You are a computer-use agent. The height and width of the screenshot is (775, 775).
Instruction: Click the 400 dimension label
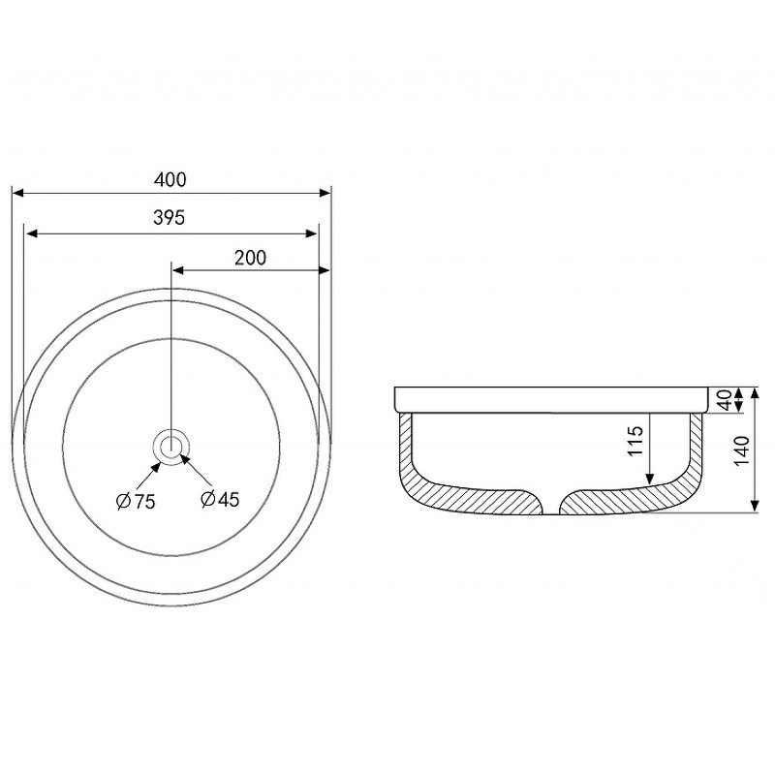click(170, 179)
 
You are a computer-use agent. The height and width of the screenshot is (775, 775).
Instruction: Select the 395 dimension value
click(169, 217)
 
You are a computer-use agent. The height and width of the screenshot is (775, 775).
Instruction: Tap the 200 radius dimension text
click(250, 258)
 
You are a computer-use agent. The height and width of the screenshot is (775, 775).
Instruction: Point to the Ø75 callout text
click(136, 501)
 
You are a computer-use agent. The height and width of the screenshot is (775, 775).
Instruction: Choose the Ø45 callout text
click(221, 499)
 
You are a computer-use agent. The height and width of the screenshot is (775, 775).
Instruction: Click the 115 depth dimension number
click(635, 441)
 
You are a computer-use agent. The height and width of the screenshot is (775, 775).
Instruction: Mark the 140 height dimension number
click(741, 450)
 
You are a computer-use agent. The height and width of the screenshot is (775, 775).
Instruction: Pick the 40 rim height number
click(725, 400)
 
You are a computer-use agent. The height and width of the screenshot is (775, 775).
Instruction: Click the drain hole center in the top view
click(171, 447)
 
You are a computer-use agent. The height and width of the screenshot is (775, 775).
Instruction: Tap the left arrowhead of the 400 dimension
click(17, 192)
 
